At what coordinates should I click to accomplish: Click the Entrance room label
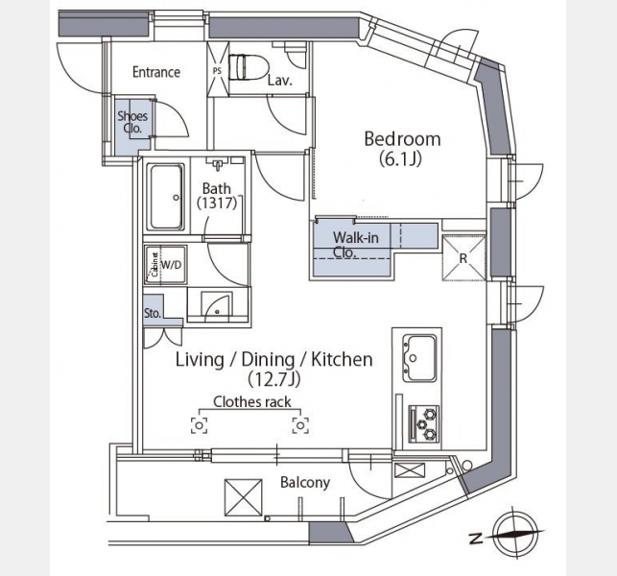[156, 72]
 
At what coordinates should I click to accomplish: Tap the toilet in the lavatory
[248, 67]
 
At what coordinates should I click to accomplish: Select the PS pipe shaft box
[218, 69]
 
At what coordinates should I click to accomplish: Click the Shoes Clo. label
[132, 122]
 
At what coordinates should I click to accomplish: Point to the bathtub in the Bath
[166, 197]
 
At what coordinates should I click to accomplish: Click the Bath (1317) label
[217, 195]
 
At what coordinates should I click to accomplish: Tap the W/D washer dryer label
[172, 265]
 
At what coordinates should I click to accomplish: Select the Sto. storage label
[153, 313]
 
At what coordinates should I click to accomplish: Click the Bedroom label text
[402, 139]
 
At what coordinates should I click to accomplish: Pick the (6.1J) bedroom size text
[400, 159]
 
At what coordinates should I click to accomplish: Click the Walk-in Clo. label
[355, 245]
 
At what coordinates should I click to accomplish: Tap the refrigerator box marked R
[463, 258]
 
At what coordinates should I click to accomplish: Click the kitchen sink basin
[420, 358]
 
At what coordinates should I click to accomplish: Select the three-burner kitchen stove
[424, 423]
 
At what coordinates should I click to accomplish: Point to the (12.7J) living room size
[274, 379]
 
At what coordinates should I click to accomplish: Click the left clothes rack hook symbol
[200, 425]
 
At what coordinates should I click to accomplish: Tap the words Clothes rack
[252, 402]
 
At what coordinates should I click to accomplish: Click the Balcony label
[305, 482]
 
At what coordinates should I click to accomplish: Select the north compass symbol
[514, 535]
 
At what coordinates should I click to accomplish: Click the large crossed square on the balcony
[243, 497]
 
